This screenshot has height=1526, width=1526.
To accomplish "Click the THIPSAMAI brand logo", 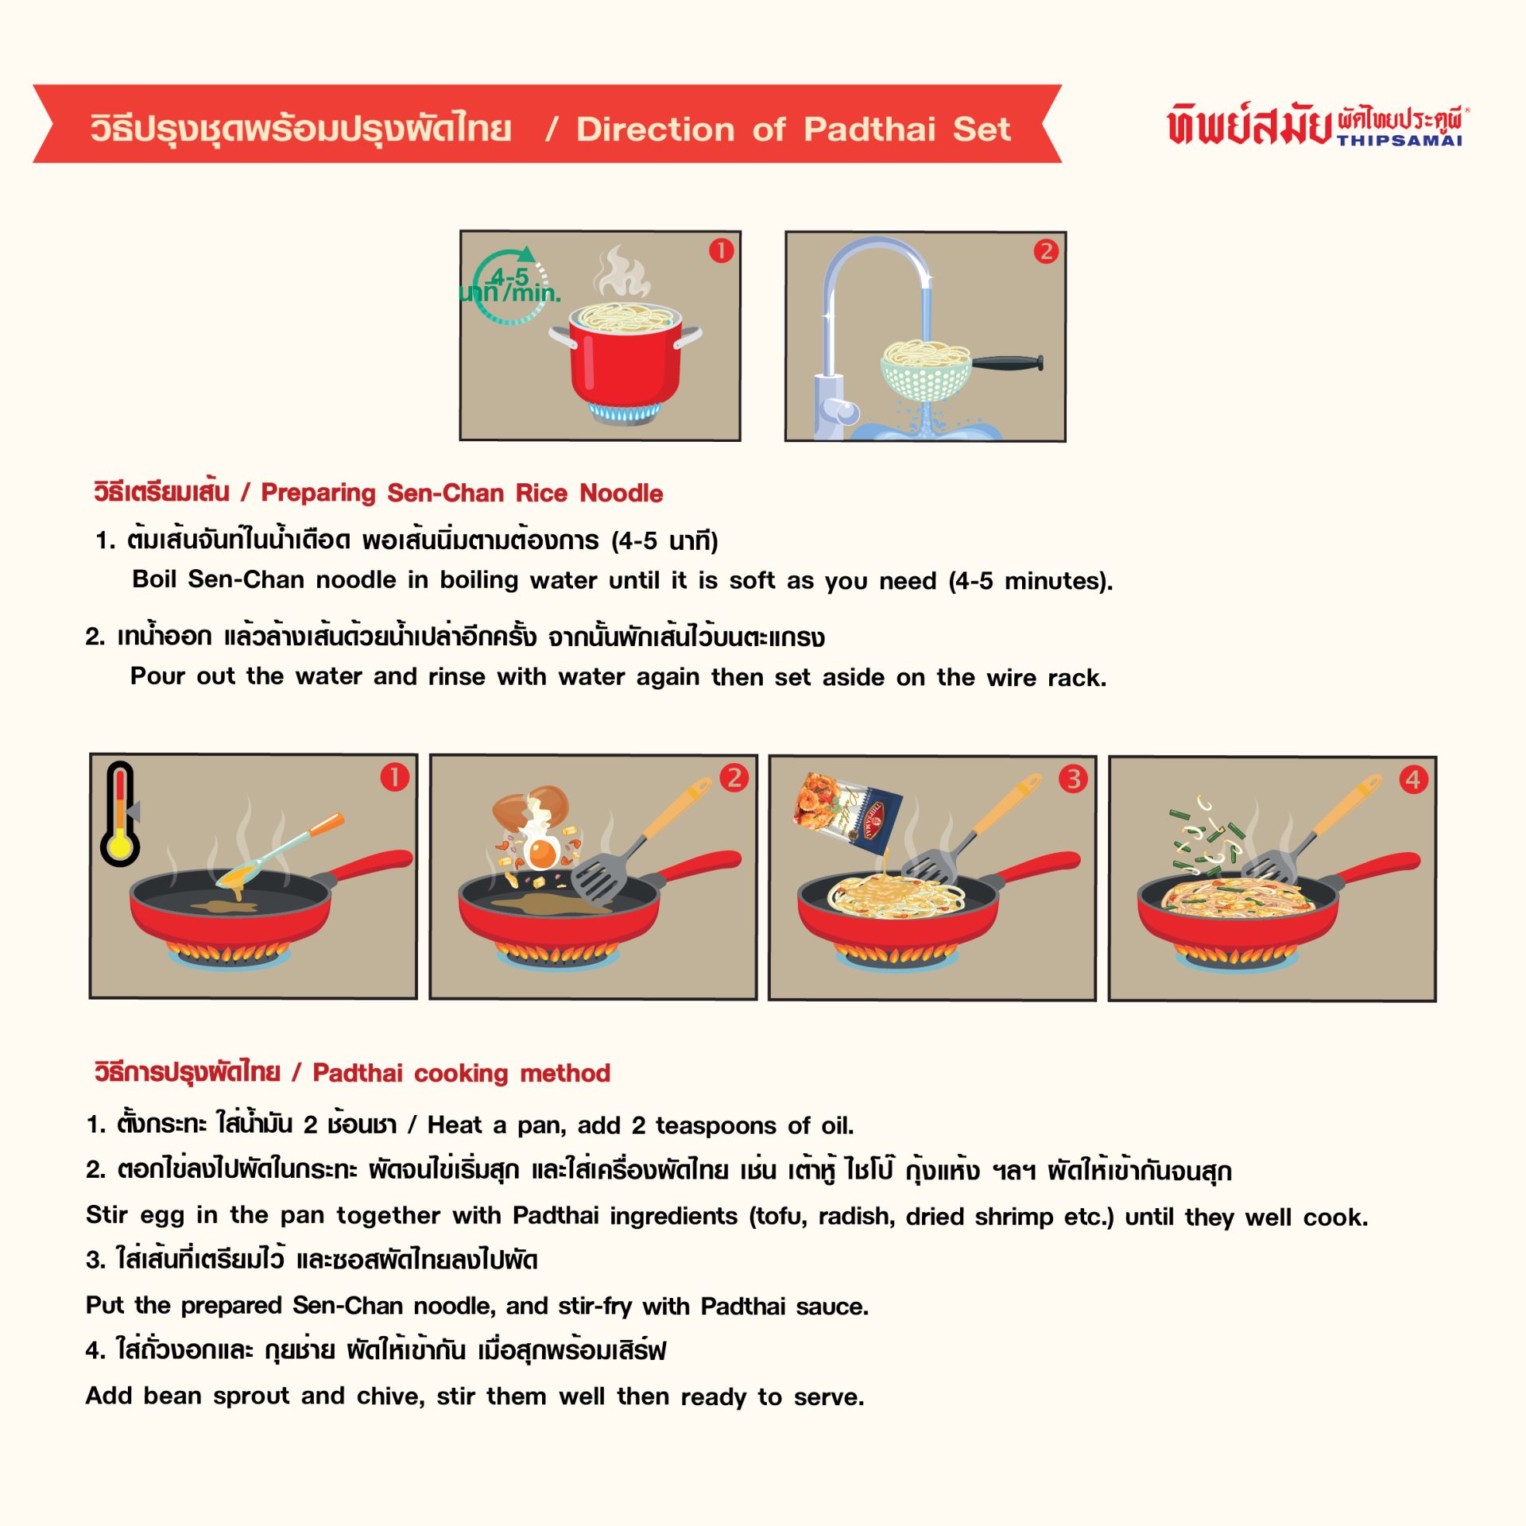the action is click(x=1318, y=126).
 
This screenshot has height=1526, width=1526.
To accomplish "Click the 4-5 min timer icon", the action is click(x=509, y=286).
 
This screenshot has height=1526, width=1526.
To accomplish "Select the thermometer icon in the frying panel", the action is click(x=120, y=814).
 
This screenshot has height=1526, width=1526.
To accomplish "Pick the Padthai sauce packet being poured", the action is click(x=847, y=812).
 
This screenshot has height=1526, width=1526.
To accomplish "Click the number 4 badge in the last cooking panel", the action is click(x=1413, y=779).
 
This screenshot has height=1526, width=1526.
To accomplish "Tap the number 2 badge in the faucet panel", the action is click(x=1046, y=252).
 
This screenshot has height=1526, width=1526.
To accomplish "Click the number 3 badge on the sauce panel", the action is click(x=1073, y=778).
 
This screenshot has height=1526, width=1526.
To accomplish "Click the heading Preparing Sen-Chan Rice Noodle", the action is click(x=462, y=493).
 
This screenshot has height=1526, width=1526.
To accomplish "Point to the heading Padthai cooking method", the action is click(x=462, y=1073).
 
